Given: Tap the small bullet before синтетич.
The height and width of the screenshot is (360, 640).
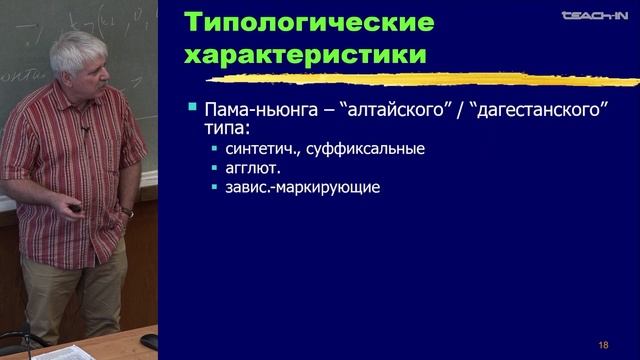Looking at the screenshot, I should [214, 149].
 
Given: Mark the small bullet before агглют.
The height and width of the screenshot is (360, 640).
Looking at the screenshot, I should [214, 168].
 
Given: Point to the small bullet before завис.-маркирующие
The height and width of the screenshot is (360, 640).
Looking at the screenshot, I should [214, 187].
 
